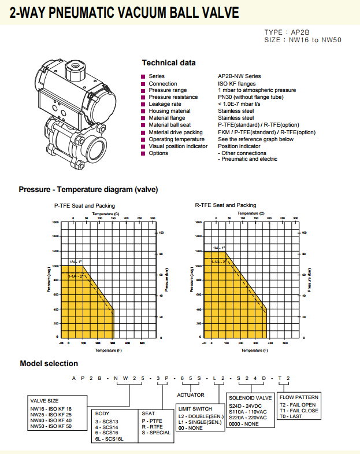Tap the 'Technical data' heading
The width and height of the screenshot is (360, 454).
[169, 62]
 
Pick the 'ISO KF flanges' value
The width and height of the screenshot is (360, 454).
[237, 83]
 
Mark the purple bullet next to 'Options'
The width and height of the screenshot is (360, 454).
[143, 153]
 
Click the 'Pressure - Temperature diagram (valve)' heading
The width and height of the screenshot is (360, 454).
[88, 189]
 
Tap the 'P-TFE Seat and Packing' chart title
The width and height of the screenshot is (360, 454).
[84, 205]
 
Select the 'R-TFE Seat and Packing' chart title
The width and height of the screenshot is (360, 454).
[225, 205]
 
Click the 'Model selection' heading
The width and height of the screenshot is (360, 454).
[49, 363]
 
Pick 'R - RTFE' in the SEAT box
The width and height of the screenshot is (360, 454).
[153, 427]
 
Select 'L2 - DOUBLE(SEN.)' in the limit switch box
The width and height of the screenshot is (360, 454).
[200, 415]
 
